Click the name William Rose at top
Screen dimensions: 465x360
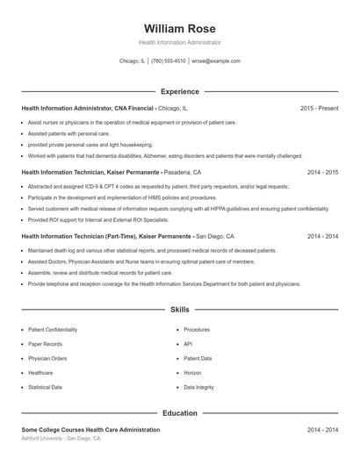pos(179,28)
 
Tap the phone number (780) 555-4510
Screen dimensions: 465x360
pos(169,61)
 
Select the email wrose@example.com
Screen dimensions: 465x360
pos(216,61)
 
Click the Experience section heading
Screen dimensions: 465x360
pos(179,91)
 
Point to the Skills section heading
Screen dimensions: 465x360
pos(179,310)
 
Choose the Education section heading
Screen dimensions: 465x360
pos(179,412)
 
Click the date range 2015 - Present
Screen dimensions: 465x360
pos(319,108)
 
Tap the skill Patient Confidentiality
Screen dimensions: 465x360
pos(53,330)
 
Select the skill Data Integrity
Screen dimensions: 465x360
pos(198,387)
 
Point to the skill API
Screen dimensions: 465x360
pos(188,344)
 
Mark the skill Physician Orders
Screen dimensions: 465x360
pos(47,358)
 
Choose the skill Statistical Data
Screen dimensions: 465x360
pos(45,387)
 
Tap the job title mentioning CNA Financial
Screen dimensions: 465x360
pos(87,108)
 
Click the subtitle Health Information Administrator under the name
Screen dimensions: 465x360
pos(179,42)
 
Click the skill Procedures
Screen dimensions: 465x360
pos(197,330)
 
